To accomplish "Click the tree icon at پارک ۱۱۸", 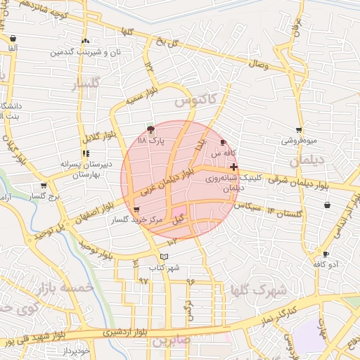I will (150, 129).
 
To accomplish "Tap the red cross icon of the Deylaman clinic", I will (233, 167).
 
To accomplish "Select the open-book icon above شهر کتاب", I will (165, 257).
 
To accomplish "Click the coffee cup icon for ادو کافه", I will (326, 254).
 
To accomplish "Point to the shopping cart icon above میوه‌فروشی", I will (300, 130).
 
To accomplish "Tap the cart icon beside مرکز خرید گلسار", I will (136, 210).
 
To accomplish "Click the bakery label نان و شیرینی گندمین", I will (85, 52).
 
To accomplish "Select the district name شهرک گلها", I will (259, 290).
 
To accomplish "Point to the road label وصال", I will (257, 64).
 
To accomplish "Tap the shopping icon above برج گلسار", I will (44, 186).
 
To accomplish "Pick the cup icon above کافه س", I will (224, 142).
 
